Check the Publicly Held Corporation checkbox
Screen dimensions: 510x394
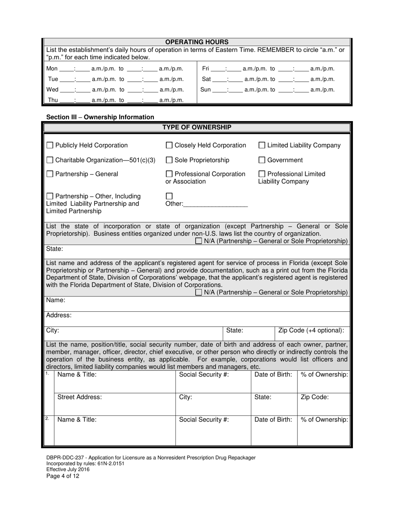(50, 146)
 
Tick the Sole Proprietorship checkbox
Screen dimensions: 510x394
(169, 160)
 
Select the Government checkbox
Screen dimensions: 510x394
(262, 160)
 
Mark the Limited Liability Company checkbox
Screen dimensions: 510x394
(262, 146)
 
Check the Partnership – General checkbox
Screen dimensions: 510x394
(50, 174)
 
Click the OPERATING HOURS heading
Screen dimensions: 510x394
(197, 42)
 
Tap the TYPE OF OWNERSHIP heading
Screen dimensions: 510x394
(197, 127)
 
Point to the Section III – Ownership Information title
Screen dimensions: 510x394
(100, 117)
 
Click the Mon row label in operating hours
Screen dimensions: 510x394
(52, 69)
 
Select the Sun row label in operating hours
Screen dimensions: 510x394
(206, 90)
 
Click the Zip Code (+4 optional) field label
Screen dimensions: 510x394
(311, 330)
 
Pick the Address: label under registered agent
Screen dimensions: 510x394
(58, 315)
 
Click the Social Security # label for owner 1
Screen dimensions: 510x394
(204, 374)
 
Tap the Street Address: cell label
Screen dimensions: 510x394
(79, 397)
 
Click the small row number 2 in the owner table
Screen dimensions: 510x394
(47, 418)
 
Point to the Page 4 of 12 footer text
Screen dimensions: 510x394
(63, 476)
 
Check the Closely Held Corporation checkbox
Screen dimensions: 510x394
(169, 146)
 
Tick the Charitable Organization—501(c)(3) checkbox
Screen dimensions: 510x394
(50, 160)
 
